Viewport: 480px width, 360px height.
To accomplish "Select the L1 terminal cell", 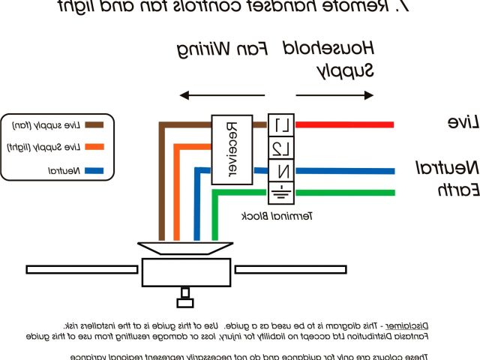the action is click(278, 124).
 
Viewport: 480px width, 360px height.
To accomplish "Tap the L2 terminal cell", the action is click(278, 147).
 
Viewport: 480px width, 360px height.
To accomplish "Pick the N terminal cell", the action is click(278, 169).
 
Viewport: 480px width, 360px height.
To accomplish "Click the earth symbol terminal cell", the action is click(278, 192).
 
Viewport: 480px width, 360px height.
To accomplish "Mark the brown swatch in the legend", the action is click(94, 124).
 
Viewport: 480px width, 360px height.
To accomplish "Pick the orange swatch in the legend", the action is click(94, 148).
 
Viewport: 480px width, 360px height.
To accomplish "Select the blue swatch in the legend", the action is click(94, 172).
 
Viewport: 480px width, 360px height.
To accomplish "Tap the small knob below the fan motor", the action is click(184, 302).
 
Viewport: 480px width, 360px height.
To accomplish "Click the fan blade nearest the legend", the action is click(82, 268).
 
